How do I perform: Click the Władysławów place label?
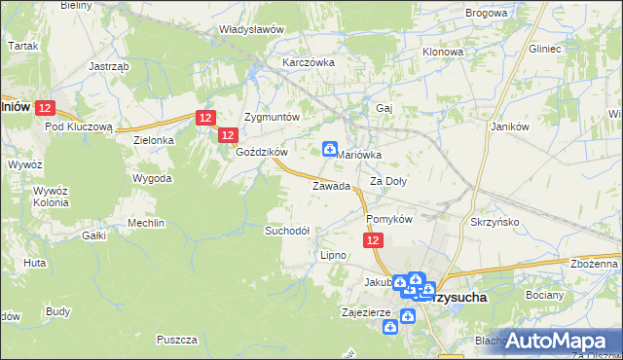tap(251, 29)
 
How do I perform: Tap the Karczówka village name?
tap(309, 62)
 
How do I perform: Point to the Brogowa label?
tap(487, 14)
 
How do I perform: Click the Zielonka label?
tap(153, 140)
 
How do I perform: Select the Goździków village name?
tap(262, 152)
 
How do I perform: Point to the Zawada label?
tap(330, 186)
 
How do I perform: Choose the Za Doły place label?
tap(388, 181)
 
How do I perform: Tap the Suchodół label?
tap(287, 231)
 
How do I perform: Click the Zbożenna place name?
tap(595, 264)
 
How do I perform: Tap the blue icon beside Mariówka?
tap(330, 149)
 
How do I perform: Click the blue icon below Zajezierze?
tap(390, 328)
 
